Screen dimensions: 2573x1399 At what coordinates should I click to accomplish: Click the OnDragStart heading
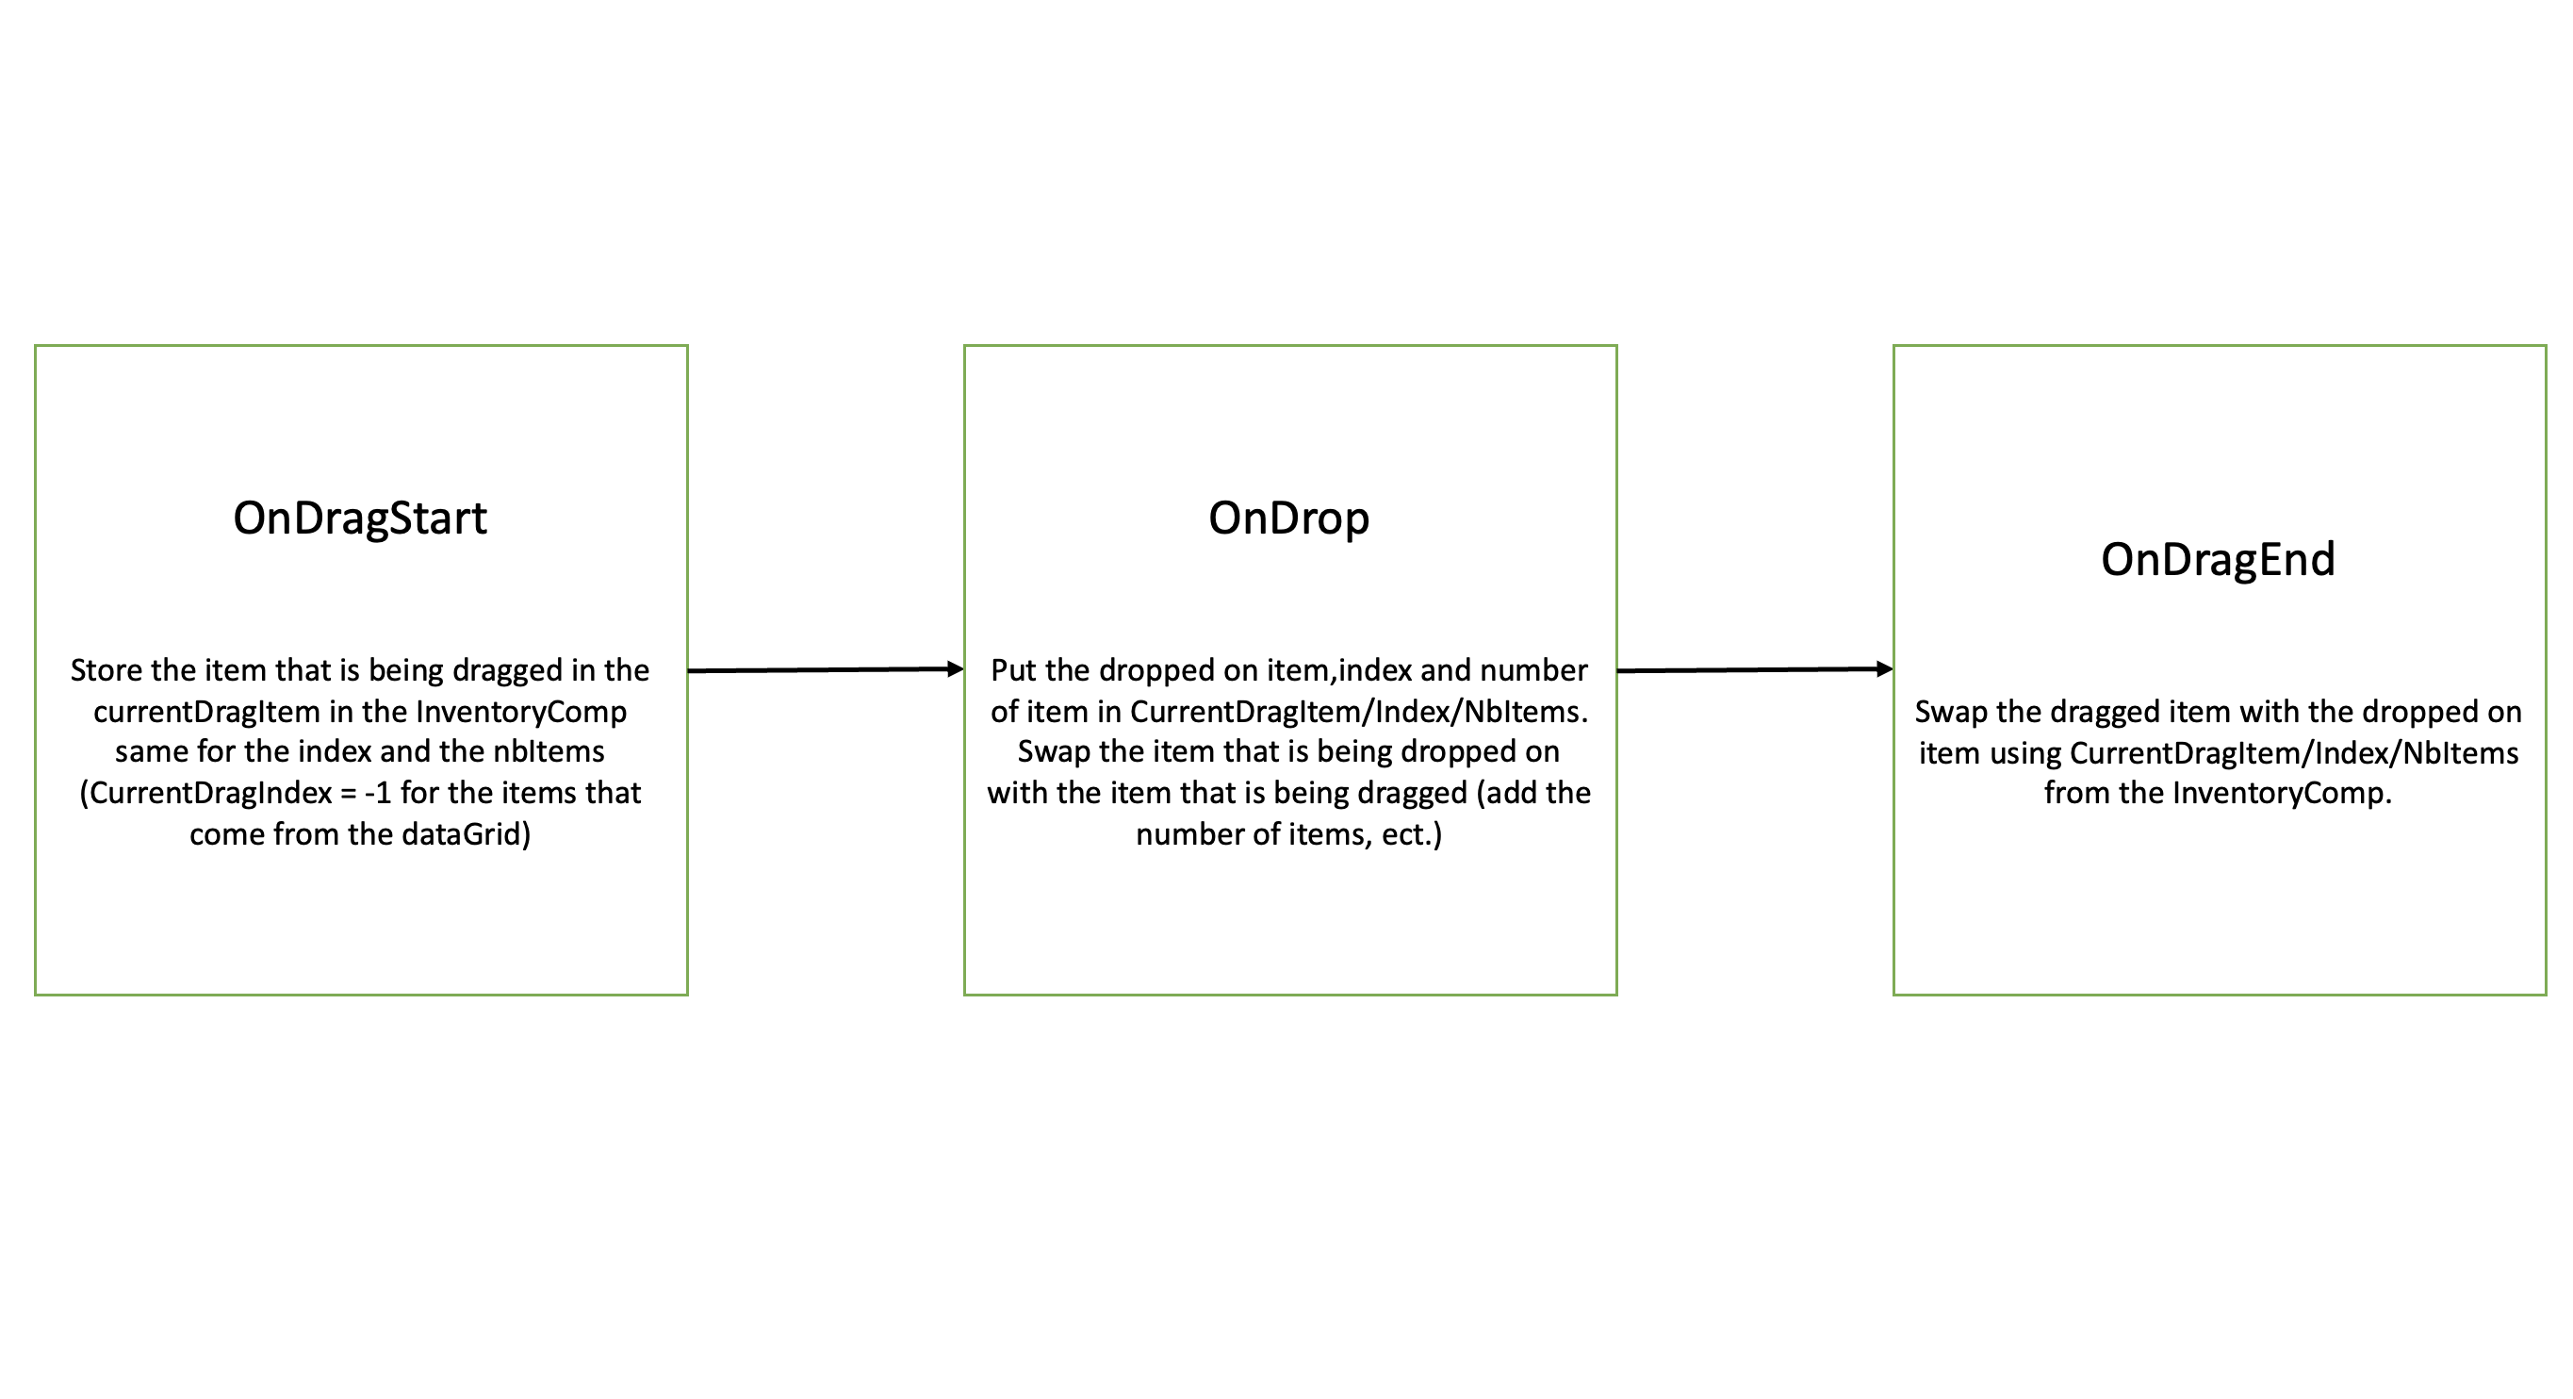pyautogui.click(x=360, y=518)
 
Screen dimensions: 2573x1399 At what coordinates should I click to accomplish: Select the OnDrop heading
pyautogui.click(x=1288, y=518)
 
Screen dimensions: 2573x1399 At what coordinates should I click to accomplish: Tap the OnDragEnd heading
pyautogui.click(x=2218, y=560)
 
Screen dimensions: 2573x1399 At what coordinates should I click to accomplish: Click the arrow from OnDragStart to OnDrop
pyautogui.click(x=826, y=669)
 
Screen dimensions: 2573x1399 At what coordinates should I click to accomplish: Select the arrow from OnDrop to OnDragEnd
pyautogui.click(x=1755, y=669)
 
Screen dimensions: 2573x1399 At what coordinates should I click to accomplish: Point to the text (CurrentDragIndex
pyautogui.click(x=205, y=794)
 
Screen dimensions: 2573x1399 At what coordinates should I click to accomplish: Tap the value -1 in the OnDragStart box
pyautogui.click(x=378, y=794)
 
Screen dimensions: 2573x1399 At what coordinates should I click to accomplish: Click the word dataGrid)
pyautogui.click(x=467, y=834)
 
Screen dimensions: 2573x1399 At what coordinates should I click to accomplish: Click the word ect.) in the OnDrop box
pyautogui.click(x=1413, y=834)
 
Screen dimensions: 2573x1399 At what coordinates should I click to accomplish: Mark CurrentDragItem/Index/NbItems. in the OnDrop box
pyautogui.click(x=1359, y=713)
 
